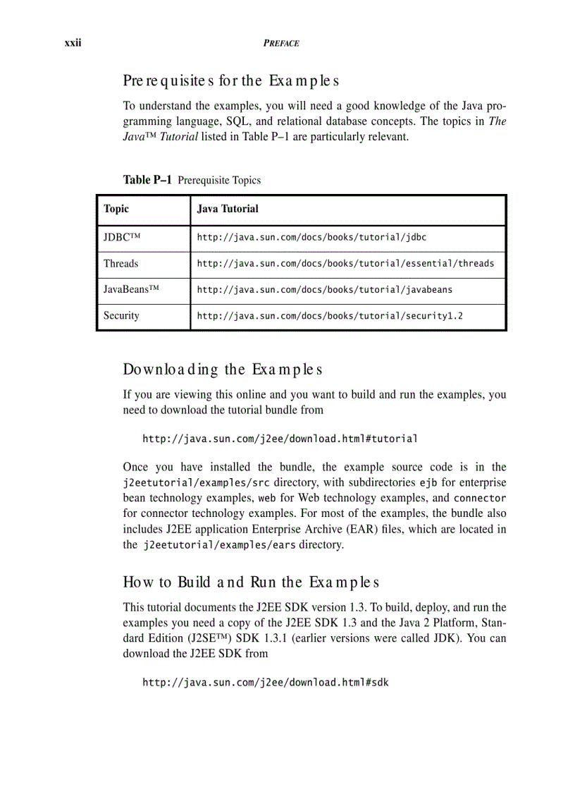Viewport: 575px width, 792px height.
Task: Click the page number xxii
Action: click(73, 43)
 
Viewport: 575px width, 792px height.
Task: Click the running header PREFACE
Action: click(281, 43)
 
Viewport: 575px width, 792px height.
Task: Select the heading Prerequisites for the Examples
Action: click(231, 80)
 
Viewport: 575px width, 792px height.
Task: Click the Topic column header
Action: click(116, 209)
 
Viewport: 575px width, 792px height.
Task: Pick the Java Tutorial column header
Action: click(228, 209)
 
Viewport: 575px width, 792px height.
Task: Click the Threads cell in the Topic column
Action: click(120, 264)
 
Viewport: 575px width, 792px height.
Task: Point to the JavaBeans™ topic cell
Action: click(131, 290)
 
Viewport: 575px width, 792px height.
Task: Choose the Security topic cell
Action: click(121, 316)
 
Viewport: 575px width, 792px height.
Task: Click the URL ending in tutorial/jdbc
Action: click(311, 238)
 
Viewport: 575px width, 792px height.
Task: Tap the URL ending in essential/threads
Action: click(345, 264)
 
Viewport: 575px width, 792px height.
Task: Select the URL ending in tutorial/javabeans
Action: click(324, 290)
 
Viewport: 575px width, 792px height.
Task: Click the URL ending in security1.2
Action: click(330, 316)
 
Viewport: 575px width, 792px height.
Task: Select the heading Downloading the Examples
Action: click(223, 370)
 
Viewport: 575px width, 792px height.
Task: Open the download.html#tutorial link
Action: click(280, 439)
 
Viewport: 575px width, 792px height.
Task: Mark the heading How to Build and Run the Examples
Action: click(251, 583)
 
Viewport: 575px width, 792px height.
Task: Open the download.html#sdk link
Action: click(265, 683)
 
